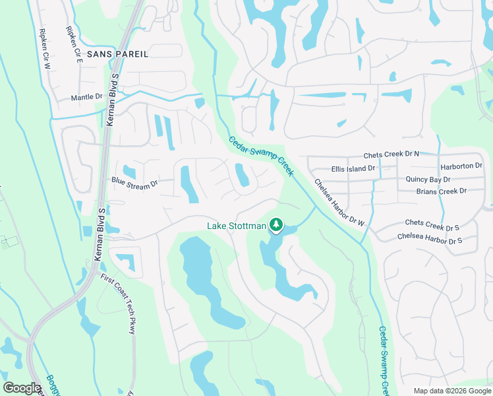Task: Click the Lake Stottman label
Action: tap(237, 226)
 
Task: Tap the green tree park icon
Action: tap(277, 226)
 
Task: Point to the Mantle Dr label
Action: tap(87, 97)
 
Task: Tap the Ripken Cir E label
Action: tap(74, 44)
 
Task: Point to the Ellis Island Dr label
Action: tap(353, 168)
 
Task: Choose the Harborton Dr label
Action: tap(462, 166)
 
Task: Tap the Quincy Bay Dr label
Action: tap(428, 179)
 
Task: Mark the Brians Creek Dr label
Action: tap(441, 191)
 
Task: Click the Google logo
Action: tap(22, 387)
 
